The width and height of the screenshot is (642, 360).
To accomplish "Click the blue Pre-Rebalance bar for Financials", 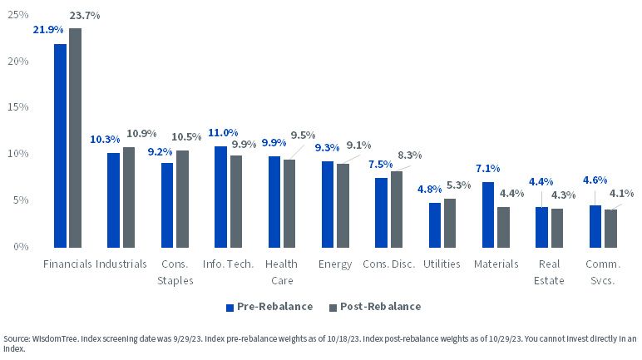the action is [x=60, y=145].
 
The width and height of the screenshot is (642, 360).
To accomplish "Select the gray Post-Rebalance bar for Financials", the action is [x=75, y=138].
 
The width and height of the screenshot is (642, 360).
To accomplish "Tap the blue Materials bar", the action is [x=488, y=215].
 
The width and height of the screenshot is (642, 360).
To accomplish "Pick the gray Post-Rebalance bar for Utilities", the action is [x=450, y=223].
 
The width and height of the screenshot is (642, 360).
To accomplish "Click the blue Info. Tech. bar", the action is [x=220, y=197].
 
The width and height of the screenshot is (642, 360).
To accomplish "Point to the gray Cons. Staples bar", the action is [x=182, y=199].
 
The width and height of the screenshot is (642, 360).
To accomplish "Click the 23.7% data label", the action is [x=85, y=16].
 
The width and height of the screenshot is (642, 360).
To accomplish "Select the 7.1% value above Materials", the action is [x=487, y=168].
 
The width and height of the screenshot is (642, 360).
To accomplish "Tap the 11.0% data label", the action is [x=223, y=133].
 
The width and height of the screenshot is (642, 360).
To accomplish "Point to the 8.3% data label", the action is [x=410, y=155].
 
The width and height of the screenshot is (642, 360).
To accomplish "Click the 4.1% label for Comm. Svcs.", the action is [x=621, y=193].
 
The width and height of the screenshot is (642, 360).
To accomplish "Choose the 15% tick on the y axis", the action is [x=18, y=107].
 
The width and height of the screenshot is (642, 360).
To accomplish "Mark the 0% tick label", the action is [x=21, y=247].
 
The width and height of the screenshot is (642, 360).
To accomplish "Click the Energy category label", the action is [x=335, y=264].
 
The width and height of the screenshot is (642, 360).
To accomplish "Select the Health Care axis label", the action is [x=282, y=273].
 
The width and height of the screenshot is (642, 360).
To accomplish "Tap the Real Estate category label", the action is [x=549, y=273].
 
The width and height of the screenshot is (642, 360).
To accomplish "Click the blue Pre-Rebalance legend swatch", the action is [x=230, y=307].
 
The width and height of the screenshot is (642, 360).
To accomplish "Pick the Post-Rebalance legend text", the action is [x=380, y=306].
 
